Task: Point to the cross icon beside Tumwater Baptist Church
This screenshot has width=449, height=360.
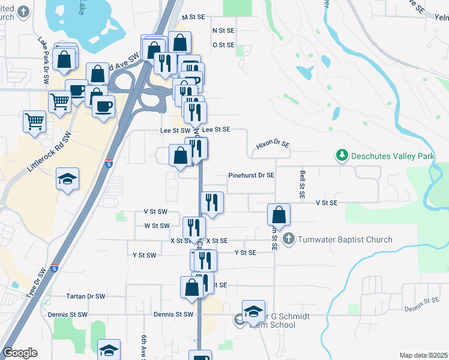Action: click(x=289, y=239)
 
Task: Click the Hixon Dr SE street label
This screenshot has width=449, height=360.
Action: click(x=273, y=145)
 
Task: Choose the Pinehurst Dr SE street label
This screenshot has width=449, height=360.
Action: click(x=252, y=176)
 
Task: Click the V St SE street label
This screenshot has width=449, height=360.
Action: click(x=327, y=203)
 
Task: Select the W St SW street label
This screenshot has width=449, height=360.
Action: click(x=156, y=226)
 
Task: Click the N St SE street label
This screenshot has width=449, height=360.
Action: click(x=223, y=30)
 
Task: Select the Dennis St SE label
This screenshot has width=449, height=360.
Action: click(x=423, y=305)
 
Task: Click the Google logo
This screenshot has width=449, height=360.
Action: click(x=20, y=353)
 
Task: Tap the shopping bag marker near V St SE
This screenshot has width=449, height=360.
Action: click(x=279, y=215)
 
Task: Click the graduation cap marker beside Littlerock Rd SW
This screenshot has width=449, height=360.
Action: click(x=67, y=179)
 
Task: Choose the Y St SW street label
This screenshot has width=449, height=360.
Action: click(x=145, y=255)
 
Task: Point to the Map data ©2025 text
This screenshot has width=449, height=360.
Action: click(x=424, y=355)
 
